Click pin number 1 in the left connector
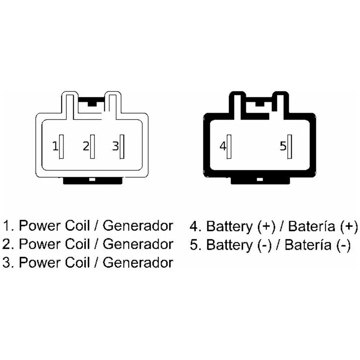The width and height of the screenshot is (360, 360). coord(55,146)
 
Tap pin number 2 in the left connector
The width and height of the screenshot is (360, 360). coord(86,146)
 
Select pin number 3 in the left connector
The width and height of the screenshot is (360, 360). coord(115,146)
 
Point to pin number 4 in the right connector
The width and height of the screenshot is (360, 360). coord(223,146)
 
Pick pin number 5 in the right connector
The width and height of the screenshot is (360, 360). coord(283,146)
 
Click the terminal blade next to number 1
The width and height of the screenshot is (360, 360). coord(61,147)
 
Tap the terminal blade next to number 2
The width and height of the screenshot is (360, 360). coord(92,147)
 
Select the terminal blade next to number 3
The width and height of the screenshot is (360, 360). coord(122,147)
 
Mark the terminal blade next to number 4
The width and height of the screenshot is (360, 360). coord(229,147)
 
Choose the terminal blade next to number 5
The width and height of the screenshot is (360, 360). coord(290,147)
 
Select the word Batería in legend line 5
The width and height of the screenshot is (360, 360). coord(308,245)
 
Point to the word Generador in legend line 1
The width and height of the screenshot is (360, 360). coord(138,226)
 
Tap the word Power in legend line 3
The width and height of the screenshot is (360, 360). coord(40,262)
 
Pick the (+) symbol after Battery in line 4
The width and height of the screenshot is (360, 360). coord(266,226)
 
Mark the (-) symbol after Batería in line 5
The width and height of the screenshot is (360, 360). coord(344,245)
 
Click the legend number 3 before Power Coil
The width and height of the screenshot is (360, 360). coord(6,262)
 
